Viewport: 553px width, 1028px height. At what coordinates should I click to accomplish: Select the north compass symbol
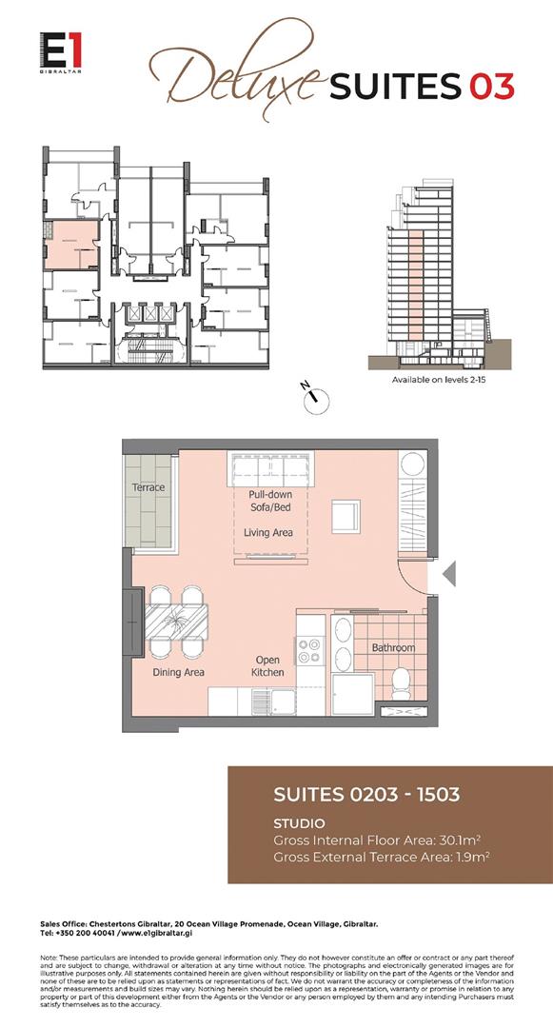pos(311,398)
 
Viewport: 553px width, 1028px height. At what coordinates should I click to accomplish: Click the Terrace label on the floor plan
pos(148,487)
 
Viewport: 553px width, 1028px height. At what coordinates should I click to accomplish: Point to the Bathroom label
pos(393,647)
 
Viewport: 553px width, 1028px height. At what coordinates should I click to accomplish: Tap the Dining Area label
pos(179,672)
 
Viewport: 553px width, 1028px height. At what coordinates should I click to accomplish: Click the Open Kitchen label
pos(267,665)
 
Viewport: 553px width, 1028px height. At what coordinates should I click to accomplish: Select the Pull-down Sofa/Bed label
pos(270,502)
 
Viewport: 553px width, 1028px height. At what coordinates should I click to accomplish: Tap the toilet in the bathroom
pos(402,678)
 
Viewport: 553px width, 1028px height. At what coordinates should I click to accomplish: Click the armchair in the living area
pos(345,515)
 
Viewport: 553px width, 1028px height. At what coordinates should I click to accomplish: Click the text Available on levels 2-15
pos(440,380)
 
